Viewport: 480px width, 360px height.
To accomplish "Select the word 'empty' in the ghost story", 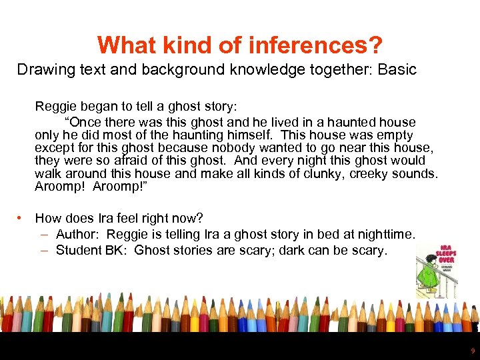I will tap(395, 135).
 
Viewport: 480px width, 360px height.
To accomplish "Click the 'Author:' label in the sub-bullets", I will tap(79, 234).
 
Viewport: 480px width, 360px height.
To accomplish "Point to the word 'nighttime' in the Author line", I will tap(387, 234).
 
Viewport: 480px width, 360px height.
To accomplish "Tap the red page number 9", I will tap(473, 351).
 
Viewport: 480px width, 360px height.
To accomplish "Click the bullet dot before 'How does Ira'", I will tap(23, 218).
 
